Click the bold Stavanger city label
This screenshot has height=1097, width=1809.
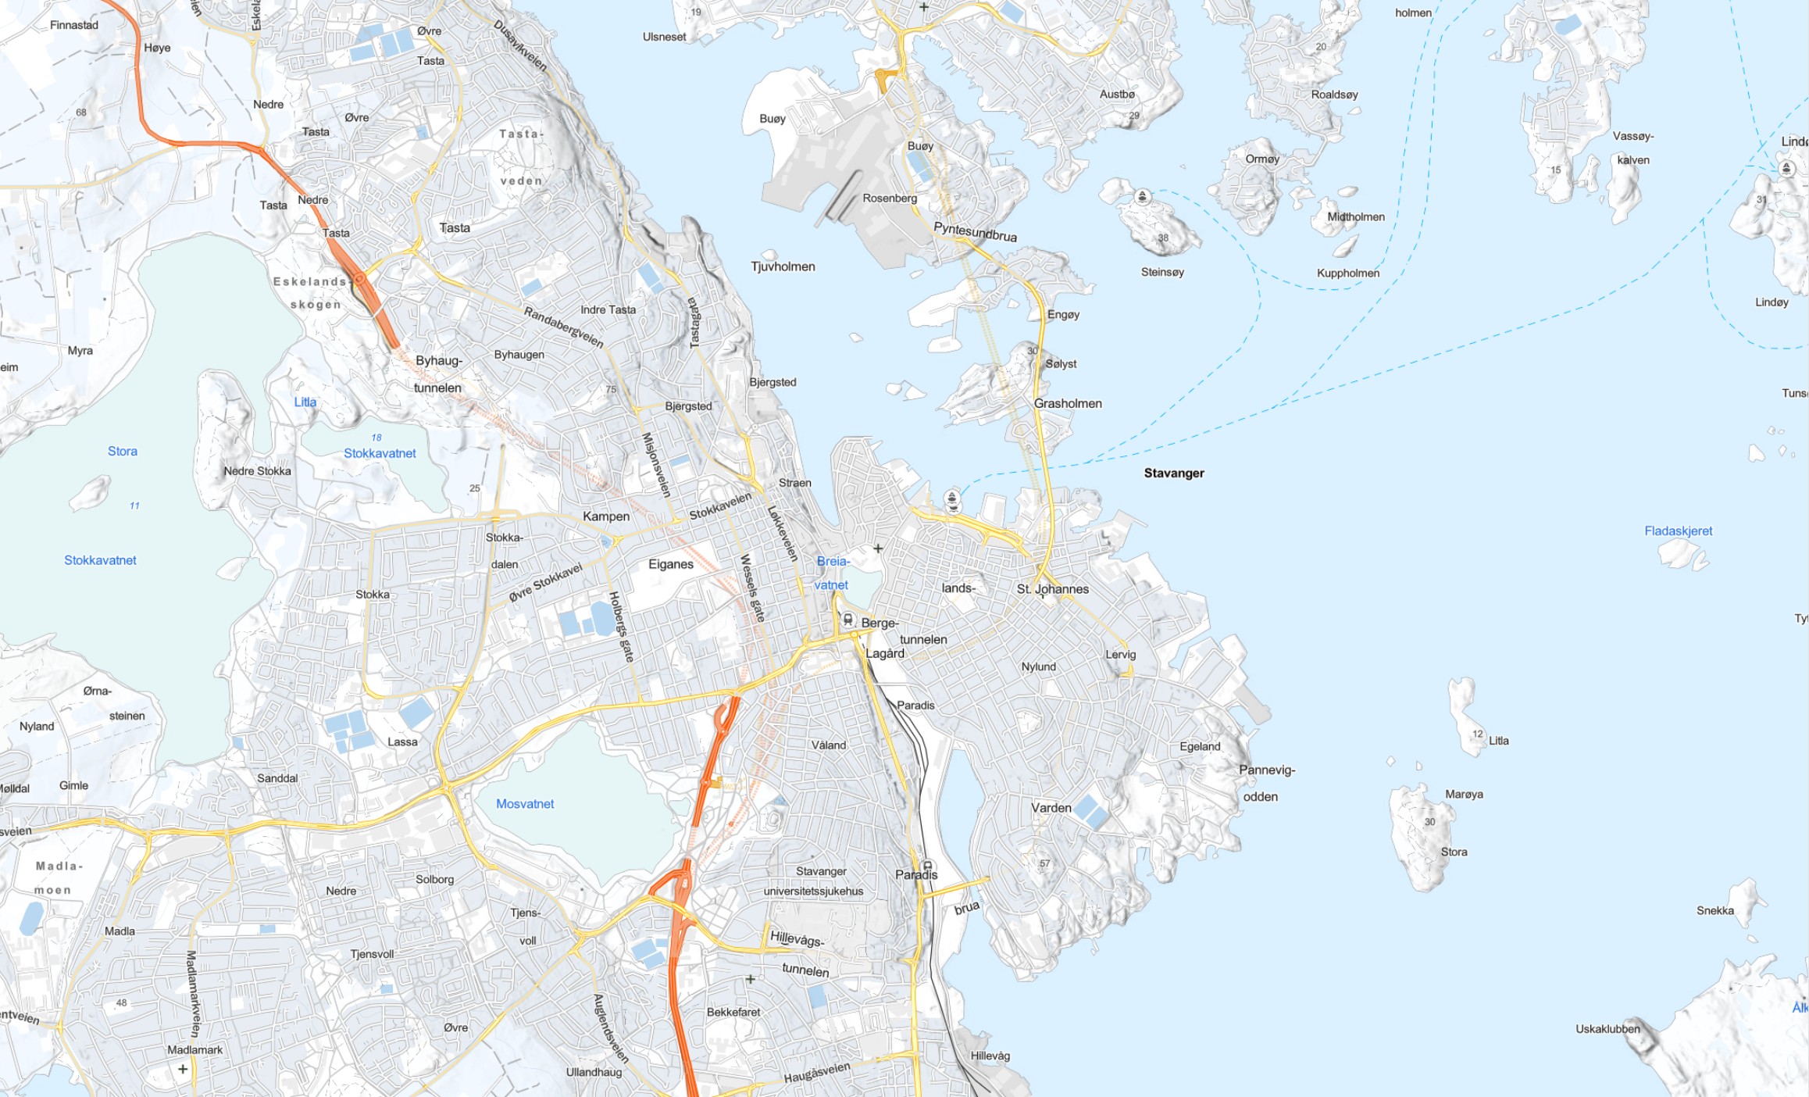[1173, 473]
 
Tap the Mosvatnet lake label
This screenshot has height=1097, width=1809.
[524, 803]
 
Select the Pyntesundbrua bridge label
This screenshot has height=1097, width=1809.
[975, 231]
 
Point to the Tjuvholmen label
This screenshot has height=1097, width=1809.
[783, 266]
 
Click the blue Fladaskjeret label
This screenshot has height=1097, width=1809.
[1678, 531]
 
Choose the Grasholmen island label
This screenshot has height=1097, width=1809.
[1068, 403]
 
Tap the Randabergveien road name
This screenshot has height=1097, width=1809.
[563, 327]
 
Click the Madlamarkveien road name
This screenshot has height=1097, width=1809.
[192, 992]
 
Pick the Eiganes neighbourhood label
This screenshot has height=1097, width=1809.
[670, 563]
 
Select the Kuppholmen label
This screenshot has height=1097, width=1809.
[1347, 273]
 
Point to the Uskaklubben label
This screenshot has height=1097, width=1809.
[1607, 1028]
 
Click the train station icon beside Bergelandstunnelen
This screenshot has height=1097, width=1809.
[847, 620]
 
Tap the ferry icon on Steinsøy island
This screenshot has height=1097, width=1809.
[1142, 196]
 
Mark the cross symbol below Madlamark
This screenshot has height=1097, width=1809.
[183, 1069]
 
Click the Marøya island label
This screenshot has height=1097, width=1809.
[1463, 794]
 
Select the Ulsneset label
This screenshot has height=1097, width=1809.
[664, 37]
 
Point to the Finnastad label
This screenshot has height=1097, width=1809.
[74, 25]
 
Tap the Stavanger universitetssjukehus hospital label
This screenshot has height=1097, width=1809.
[813, 881]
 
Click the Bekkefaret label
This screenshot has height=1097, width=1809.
[733, 1012]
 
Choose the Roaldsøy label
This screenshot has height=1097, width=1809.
[1334, 95]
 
